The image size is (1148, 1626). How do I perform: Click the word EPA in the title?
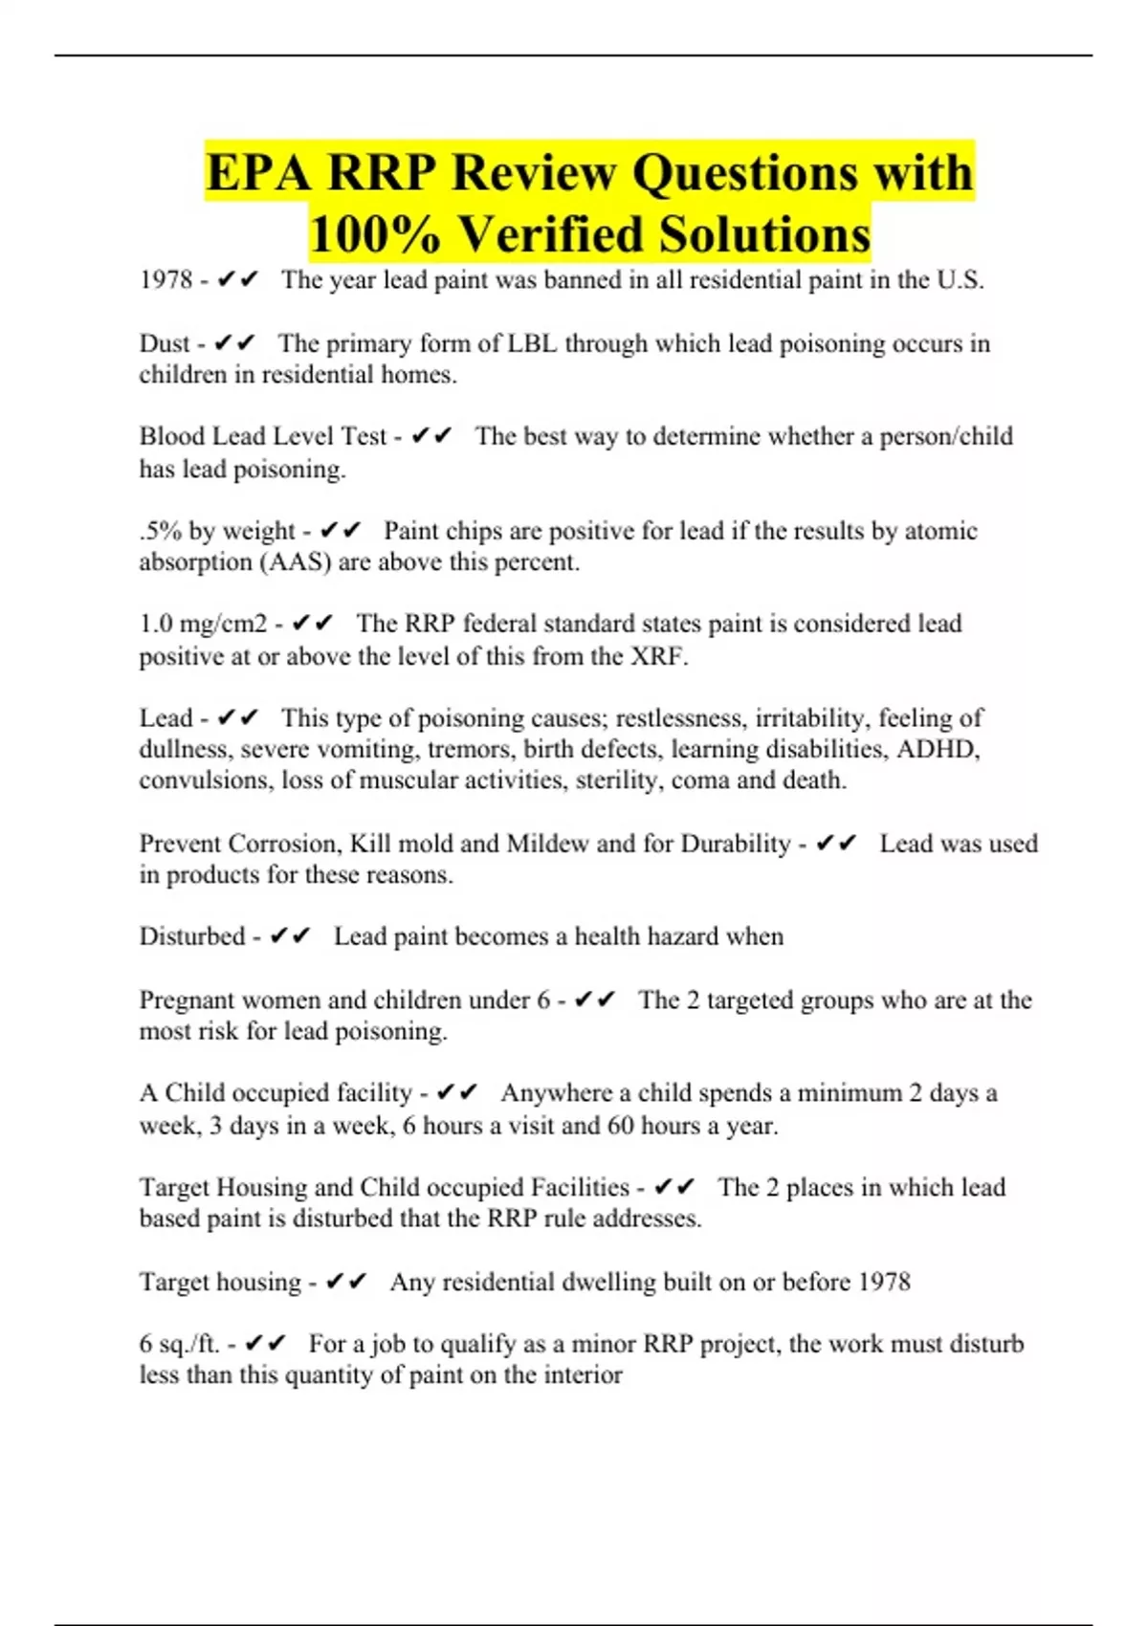coord(257,173)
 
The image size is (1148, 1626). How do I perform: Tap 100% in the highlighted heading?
coord(368,234)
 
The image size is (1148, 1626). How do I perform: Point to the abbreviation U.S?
coord(960,280)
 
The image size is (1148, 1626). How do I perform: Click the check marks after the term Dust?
coord(234,343)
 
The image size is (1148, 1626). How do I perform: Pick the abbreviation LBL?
coord(532,343)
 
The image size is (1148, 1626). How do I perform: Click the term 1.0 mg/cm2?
coord(204,624)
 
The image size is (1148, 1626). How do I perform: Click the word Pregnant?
coord(186,1000)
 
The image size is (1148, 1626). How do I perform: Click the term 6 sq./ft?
coord(180,1344)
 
